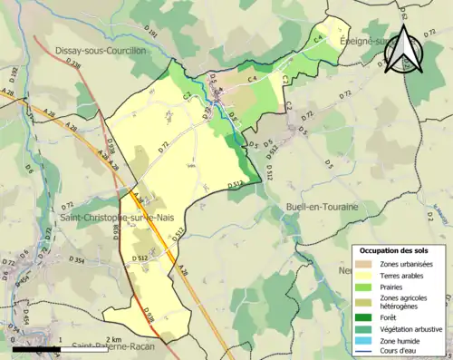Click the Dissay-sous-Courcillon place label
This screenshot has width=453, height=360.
click(x=100, y=51)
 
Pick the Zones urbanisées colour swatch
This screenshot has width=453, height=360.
click(x=365, y=264)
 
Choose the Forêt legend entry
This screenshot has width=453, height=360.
click(x=391, y=317)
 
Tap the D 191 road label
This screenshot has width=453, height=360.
click(x=151, y=34)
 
